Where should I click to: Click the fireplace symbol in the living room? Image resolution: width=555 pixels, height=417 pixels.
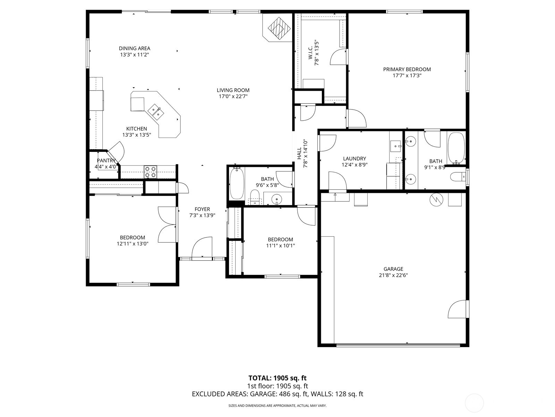(279, 28)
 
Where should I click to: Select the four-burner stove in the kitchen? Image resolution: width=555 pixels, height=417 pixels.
(150, 172)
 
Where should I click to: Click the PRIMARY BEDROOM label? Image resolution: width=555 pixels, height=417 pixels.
(407, 69)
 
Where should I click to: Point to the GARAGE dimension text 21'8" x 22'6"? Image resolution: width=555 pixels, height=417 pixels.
(393, 275)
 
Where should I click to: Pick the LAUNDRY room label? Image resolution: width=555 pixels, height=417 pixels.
(355, 158)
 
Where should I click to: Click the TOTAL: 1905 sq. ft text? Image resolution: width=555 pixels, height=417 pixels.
(277, 378)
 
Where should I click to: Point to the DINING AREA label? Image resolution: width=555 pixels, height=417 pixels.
(134, 48)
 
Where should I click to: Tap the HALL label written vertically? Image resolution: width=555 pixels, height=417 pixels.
(299, 154)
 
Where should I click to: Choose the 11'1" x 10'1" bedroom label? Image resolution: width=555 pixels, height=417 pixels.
(280, 239)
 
